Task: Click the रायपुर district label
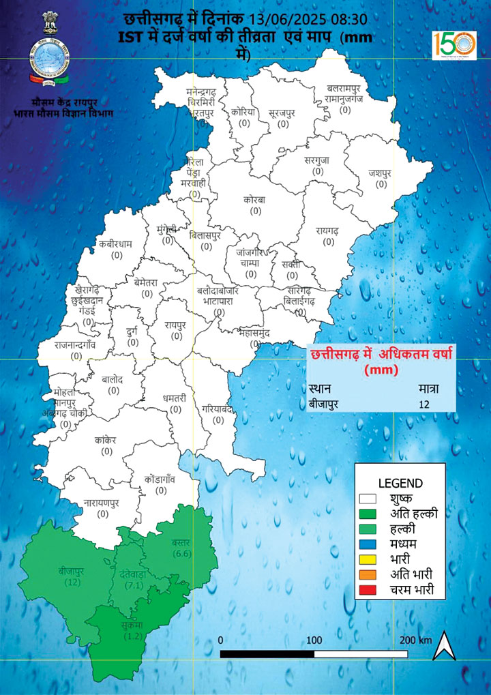coord(175,325)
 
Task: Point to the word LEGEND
coord(400,482)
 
